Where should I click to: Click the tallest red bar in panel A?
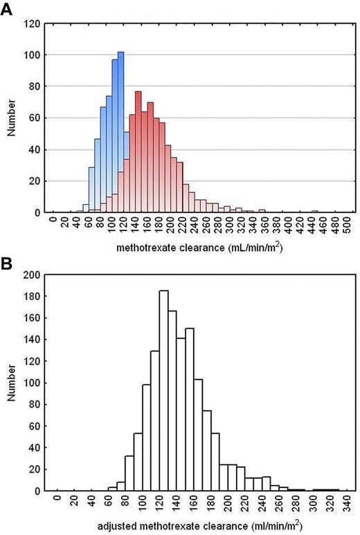point(138,152)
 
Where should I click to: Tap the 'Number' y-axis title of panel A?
point(10,118)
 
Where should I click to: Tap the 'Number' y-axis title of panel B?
point(10,383)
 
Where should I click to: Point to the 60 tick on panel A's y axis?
point(33,118)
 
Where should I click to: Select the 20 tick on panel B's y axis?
point(32,469)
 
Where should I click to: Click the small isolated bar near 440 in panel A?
point(314,211)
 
